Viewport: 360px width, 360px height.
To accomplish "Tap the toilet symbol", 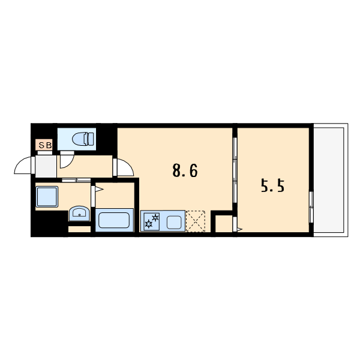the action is [83, 139].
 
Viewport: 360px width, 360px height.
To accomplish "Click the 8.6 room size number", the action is [185, 171].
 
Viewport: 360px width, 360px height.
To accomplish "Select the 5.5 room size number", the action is [272, 185].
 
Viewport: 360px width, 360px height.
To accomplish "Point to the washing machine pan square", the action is [47, 197].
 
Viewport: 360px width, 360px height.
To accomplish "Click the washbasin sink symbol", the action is [79, 213].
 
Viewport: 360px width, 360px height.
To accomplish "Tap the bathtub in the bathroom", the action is [114, 220].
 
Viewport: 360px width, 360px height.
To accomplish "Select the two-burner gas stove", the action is [152, 221].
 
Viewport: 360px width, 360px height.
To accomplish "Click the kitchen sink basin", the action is [174, 223].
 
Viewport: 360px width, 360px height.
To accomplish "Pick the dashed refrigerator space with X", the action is [196, 221].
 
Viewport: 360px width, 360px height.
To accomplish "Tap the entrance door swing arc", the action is [22, 165].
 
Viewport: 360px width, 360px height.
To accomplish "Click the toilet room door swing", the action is [67, 161].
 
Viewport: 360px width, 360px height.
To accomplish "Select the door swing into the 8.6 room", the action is [125, 167].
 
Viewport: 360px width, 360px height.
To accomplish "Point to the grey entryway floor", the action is [46, 166].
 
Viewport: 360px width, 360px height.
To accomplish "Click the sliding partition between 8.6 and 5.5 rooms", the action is [235, 170].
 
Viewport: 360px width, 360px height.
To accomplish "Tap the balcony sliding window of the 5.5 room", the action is [311, 207].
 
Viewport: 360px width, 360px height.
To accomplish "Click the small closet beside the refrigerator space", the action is [224, 224].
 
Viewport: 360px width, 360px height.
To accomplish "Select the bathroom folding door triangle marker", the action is [99, 190].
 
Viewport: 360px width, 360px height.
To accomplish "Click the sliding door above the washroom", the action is [76, 180].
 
